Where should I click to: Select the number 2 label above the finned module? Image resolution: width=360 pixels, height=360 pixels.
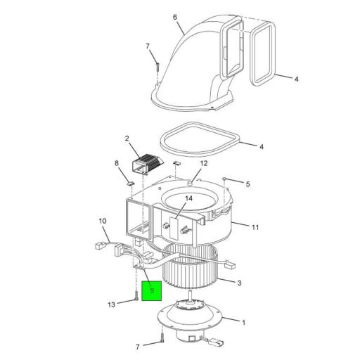[127, 139]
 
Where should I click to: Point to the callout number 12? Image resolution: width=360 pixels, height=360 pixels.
[204, 164]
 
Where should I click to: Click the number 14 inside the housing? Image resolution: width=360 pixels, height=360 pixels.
[188, 199]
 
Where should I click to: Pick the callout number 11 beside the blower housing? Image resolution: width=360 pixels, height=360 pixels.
[255, 227]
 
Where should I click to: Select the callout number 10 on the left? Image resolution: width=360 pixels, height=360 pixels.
[102, 221]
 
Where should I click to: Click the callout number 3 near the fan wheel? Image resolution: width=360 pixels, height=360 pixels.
[239, 283]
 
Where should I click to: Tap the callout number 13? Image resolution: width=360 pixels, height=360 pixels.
[111, 304]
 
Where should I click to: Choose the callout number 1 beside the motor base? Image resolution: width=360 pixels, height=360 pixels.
[243, 323]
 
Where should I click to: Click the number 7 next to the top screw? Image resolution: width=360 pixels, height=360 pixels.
[148, 46]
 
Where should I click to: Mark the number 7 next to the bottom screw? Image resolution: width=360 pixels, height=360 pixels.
[138, 347]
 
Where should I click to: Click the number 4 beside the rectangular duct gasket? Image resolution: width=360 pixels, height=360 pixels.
[296, 79]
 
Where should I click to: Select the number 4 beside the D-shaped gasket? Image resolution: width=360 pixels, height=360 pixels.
[261, 147]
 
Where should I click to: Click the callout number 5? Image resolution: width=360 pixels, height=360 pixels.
[247, 184]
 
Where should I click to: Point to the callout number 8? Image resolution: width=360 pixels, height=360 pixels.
[117, 164]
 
